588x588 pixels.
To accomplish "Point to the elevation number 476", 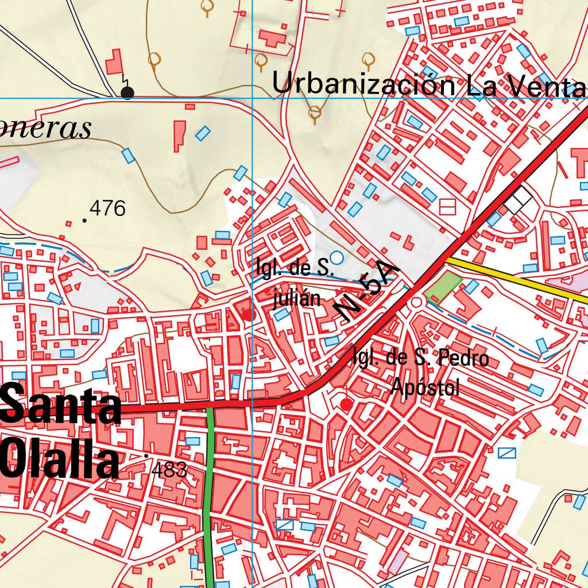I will [x=107, y=208].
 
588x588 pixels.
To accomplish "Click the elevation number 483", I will [x=169, y=470].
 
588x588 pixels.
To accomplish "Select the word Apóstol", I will [x=425, y=388].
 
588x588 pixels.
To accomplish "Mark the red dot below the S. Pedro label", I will [x=346, y=405].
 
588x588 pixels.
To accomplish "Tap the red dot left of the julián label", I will [x=248, y=315].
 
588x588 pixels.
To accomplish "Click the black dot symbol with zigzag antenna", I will [x=127, y=92].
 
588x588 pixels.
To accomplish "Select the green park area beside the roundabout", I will [x=443, y=285].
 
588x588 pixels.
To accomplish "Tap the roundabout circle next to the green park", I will [x=416, y=303].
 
